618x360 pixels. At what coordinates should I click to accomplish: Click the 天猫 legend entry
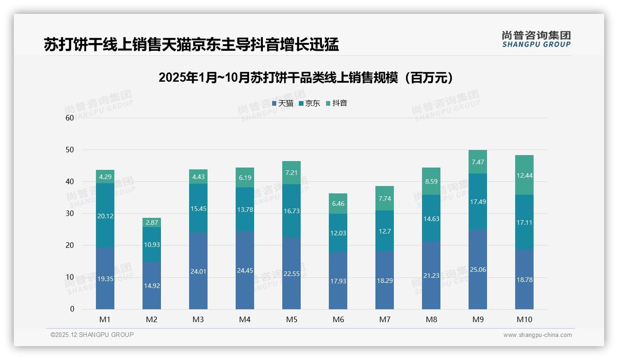(x=283, y=103)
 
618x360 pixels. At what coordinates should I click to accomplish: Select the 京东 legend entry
(x=309, y=103)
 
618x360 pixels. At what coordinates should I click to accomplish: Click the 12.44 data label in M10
(x=524, y=175)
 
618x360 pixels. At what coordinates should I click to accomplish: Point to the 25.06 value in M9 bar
(x=477, y=270)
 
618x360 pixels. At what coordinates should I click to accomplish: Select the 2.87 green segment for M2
(x=152, y=222)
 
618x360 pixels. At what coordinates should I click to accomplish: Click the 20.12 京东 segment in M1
(x=105, y=215)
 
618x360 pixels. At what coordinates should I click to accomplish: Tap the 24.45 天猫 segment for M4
(x=245, y=270)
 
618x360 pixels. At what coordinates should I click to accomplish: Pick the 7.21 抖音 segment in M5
(x=291, y=173)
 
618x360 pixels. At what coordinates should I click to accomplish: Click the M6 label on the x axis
(x=338, y=319)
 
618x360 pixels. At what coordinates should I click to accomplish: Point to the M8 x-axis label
(x=431, y=319)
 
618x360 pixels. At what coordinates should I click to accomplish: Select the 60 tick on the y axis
(x=70, y=118)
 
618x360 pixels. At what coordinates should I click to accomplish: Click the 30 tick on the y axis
(x=70, y=213)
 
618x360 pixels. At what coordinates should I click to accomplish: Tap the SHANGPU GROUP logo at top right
(x=536, y=39)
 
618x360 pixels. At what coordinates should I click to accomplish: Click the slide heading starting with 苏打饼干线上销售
(x=191, y=44)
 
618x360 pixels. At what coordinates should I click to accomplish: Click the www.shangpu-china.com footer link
(x=537, y=335)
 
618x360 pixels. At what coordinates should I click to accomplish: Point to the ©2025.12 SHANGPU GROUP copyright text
(x=92, y=335)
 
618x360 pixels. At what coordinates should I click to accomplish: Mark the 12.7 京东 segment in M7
(x=385, y=231)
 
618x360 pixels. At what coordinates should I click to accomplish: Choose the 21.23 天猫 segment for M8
(x=431, y=276)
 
